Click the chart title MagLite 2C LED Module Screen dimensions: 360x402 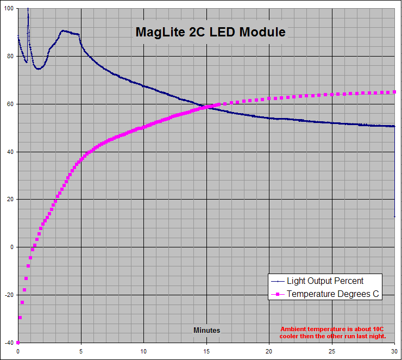click(210, 32)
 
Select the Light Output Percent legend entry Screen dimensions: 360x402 click(325, 281)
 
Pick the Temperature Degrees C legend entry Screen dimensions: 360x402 click(334, 294)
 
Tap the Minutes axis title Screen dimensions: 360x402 click(206, 330)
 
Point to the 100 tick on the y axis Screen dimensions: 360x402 click(10, 9)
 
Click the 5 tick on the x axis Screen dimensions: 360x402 click(81, 351)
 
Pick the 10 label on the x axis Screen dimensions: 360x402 click(143, 351)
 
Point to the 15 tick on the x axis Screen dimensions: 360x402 click(206, 351)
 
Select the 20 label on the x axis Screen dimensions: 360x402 click(269, 351)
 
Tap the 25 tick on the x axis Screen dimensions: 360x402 click(332, 351)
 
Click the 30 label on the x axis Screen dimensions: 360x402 click(394, 351)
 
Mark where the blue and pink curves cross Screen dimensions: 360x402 click(208, 107)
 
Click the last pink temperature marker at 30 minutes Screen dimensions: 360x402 click(394, 92)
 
